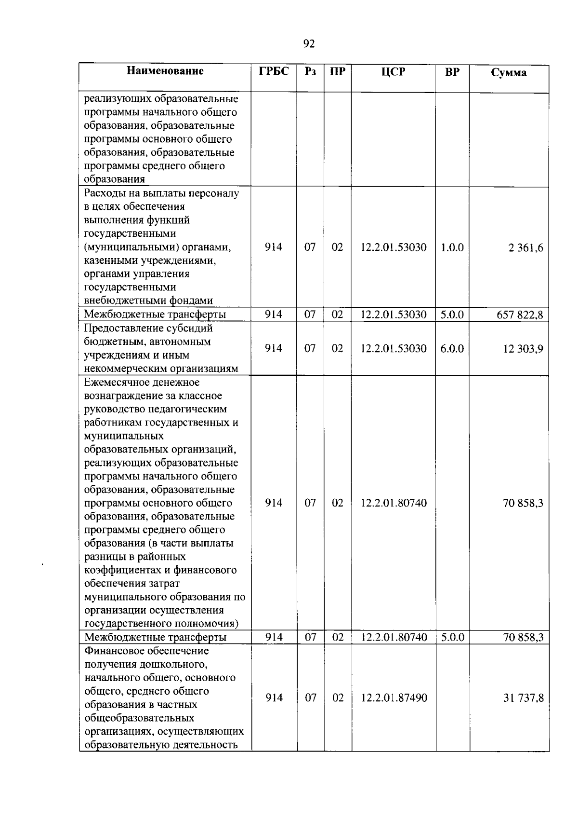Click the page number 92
tap(309, 44)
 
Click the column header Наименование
tap(165, 71)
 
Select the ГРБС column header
tap(274, 72)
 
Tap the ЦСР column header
tap(393, 72)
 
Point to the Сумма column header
tap(509, 73)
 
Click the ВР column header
tap(452, 72)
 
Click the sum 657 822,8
tap(520, 315)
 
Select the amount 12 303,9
tap(523, 349)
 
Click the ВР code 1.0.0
tap(452, 247)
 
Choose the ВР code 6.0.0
tap(452, 348)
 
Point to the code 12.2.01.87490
tap(394, 698)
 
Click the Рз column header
tap(310, 72)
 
